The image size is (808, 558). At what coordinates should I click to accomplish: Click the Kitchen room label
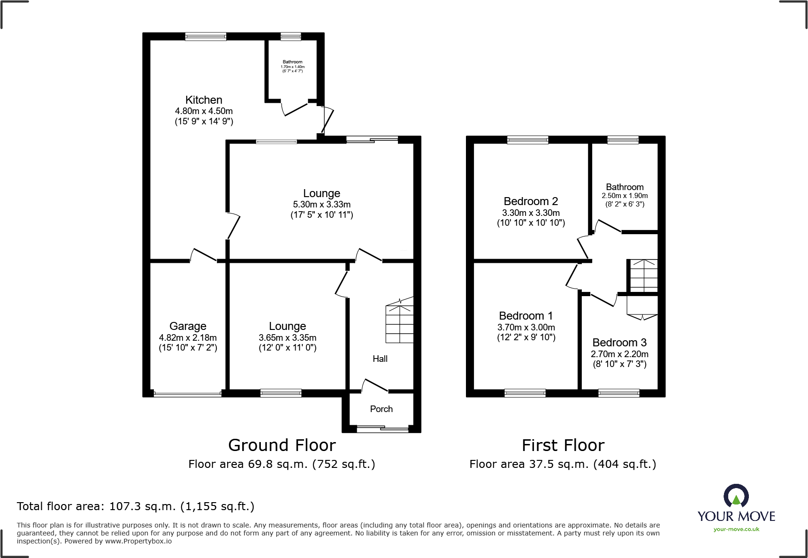click(x=204, y=100)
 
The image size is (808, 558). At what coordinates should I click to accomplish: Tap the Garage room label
click(x=188, y=326)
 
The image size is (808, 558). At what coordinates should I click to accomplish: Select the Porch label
click(x=381, y=409)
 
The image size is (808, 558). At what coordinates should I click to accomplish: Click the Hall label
click(x=380, y=359)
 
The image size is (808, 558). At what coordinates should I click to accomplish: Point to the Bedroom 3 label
click(x=619, y=343)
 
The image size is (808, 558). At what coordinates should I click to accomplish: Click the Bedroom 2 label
click(x=531, y=201)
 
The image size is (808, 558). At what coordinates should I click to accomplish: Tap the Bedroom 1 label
click(x=526, y=316)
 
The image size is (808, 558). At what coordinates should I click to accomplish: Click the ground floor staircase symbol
click(x=400, y=321)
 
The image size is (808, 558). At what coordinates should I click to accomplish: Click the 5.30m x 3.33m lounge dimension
click(x=322, y=205)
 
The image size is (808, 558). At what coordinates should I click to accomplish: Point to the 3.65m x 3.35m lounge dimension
click(x=288, y=338)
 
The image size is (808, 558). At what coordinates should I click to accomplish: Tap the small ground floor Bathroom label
click(x=292, y=62)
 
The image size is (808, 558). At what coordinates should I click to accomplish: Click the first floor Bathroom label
click(x=625, y=187)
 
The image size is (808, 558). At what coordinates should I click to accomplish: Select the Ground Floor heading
click(x=282, y=445)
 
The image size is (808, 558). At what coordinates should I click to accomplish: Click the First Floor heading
click(x=563, y=445)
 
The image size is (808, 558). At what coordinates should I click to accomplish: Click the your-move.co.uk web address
click(x=736, y=529)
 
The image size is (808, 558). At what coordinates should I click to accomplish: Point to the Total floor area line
click(x=136, y=506)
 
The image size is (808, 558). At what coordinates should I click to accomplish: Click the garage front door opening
click(x=188, y=394)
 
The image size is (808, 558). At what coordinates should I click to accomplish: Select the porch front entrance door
click(x=382, y=428)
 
